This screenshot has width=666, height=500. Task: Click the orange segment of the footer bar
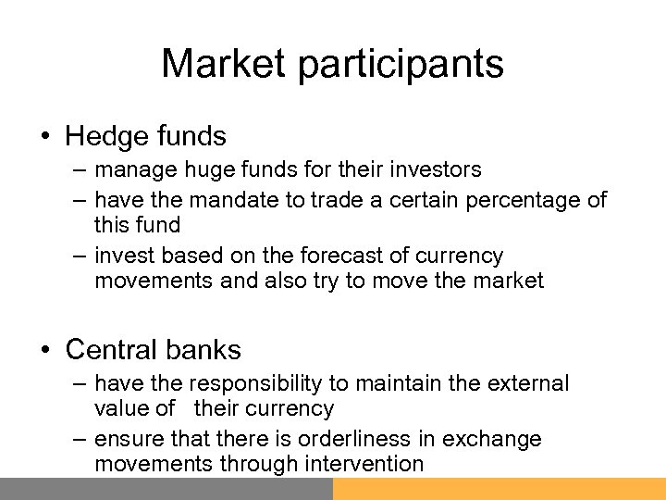[499, 489]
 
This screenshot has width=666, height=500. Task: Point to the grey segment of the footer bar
[166, 489]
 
